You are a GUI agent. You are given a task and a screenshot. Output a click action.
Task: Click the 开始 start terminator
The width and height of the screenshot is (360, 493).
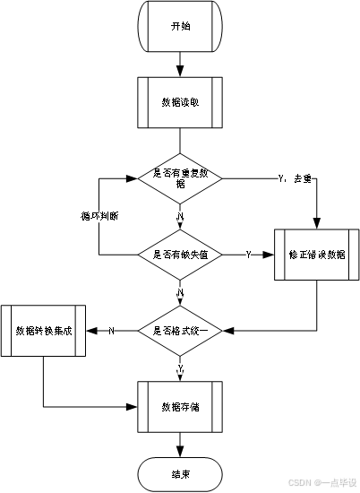click(180, 26)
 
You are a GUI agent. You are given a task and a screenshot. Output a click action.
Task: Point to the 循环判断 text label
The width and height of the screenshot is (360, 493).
click(99, 217)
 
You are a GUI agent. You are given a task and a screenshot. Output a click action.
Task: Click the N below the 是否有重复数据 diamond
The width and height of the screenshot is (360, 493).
click(180, 217)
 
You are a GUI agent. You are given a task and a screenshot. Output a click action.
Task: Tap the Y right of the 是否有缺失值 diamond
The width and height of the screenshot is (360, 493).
click(248, 255)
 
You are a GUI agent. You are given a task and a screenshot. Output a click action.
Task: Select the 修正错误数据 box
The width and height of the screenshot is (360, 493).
click(316, 255)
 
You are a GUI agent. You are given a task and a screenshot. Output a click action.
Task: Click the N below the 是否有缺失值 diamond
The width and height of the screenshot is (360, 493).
click(180, 293)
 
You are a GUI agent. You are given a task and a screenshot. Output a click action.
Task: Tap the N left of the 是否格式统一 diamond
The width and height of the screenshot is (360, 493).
click(112, 332)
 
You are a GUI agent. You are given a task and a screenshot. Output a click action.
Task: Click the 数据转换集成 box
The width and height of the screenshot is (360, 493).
click(43, 331)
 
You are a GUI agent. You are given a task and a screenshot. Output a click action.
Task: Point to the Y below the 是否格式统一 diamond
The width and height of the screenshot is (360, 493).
click(180, 368)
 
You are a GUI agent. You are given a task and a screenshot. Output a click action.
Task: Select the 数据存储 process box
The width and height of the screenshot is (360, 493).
click(180, 407)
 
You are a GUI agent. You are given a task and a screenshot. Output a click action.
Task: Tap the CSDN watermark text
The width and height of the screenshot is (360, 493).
click(299, 481)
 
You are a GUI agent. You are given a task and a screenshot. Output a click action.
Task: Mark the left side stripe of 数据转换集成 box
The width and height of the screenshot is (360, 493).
click(5, 331)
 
